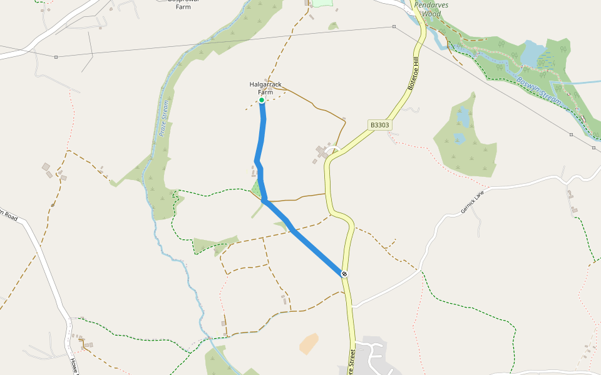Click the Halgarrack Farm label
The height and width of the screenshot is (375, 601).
click(x=265, y=88)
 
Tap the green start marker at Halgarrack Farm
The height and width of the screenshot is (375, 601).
click(x=262, y=100)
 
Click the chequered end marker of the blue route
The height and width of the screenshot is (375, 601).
click(x=344, y=274)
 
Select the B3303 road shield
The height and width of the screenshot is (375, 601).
click(x=379, y=125)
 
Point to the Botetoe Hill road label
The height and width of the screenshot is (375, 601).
click(x=415, y=73)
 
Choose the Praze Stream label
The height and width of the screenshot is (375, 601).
click(x=164, y=118)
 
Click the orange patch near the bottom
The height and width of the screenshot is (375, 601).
click(x=309, y=343)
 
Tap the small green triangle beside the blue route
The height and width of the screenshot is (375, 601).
click(x=256, y=188)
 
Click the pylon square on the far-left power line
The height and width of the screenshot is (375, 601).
click(x=56, y=57)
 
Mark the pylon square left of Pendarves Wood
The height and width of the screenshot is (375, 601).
click(x=394, y=26)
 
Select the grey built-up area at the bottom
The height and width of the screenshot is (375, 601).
click(x=376, y=356)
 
